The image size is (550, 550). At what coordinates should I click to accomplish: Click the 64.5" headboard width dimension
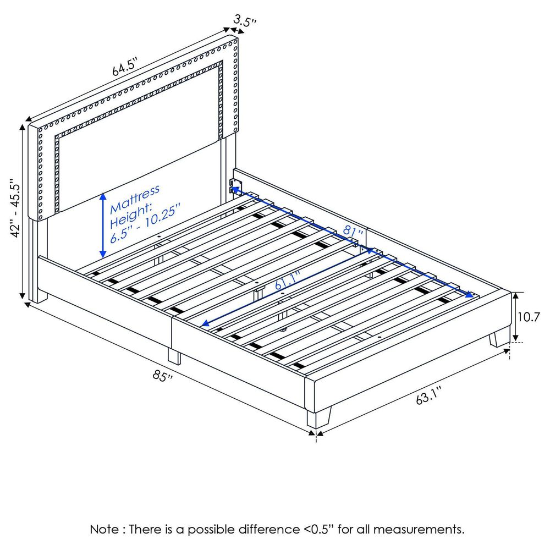(124, 70)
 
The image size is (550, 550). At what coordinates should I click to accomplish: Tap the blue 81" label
(353, 231)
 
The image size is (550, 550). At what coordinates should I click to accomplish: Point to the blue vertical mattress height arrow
(102, 226)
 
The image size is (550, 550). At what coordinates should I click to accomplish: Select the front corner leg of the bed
(320, 417)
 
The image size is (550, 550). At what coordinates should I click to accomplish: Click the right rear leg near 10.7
(499, 337)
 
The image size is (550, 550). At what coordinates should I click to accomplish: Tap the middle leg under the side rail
(174, 356)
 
